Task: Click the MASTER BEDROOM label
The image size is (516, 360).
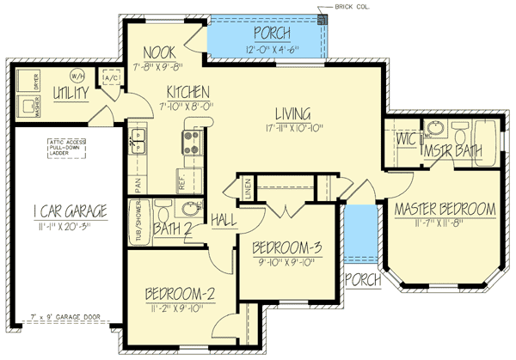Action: [445, 209]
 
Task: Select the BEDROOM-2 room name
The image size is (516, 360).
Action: [180, 292]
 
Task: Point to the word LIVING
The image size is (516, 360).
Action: [292, 113]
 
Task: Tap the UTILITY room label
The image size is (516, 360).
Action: [71, 92]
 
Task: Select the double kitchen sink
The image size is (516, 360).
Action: [138, 142]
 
